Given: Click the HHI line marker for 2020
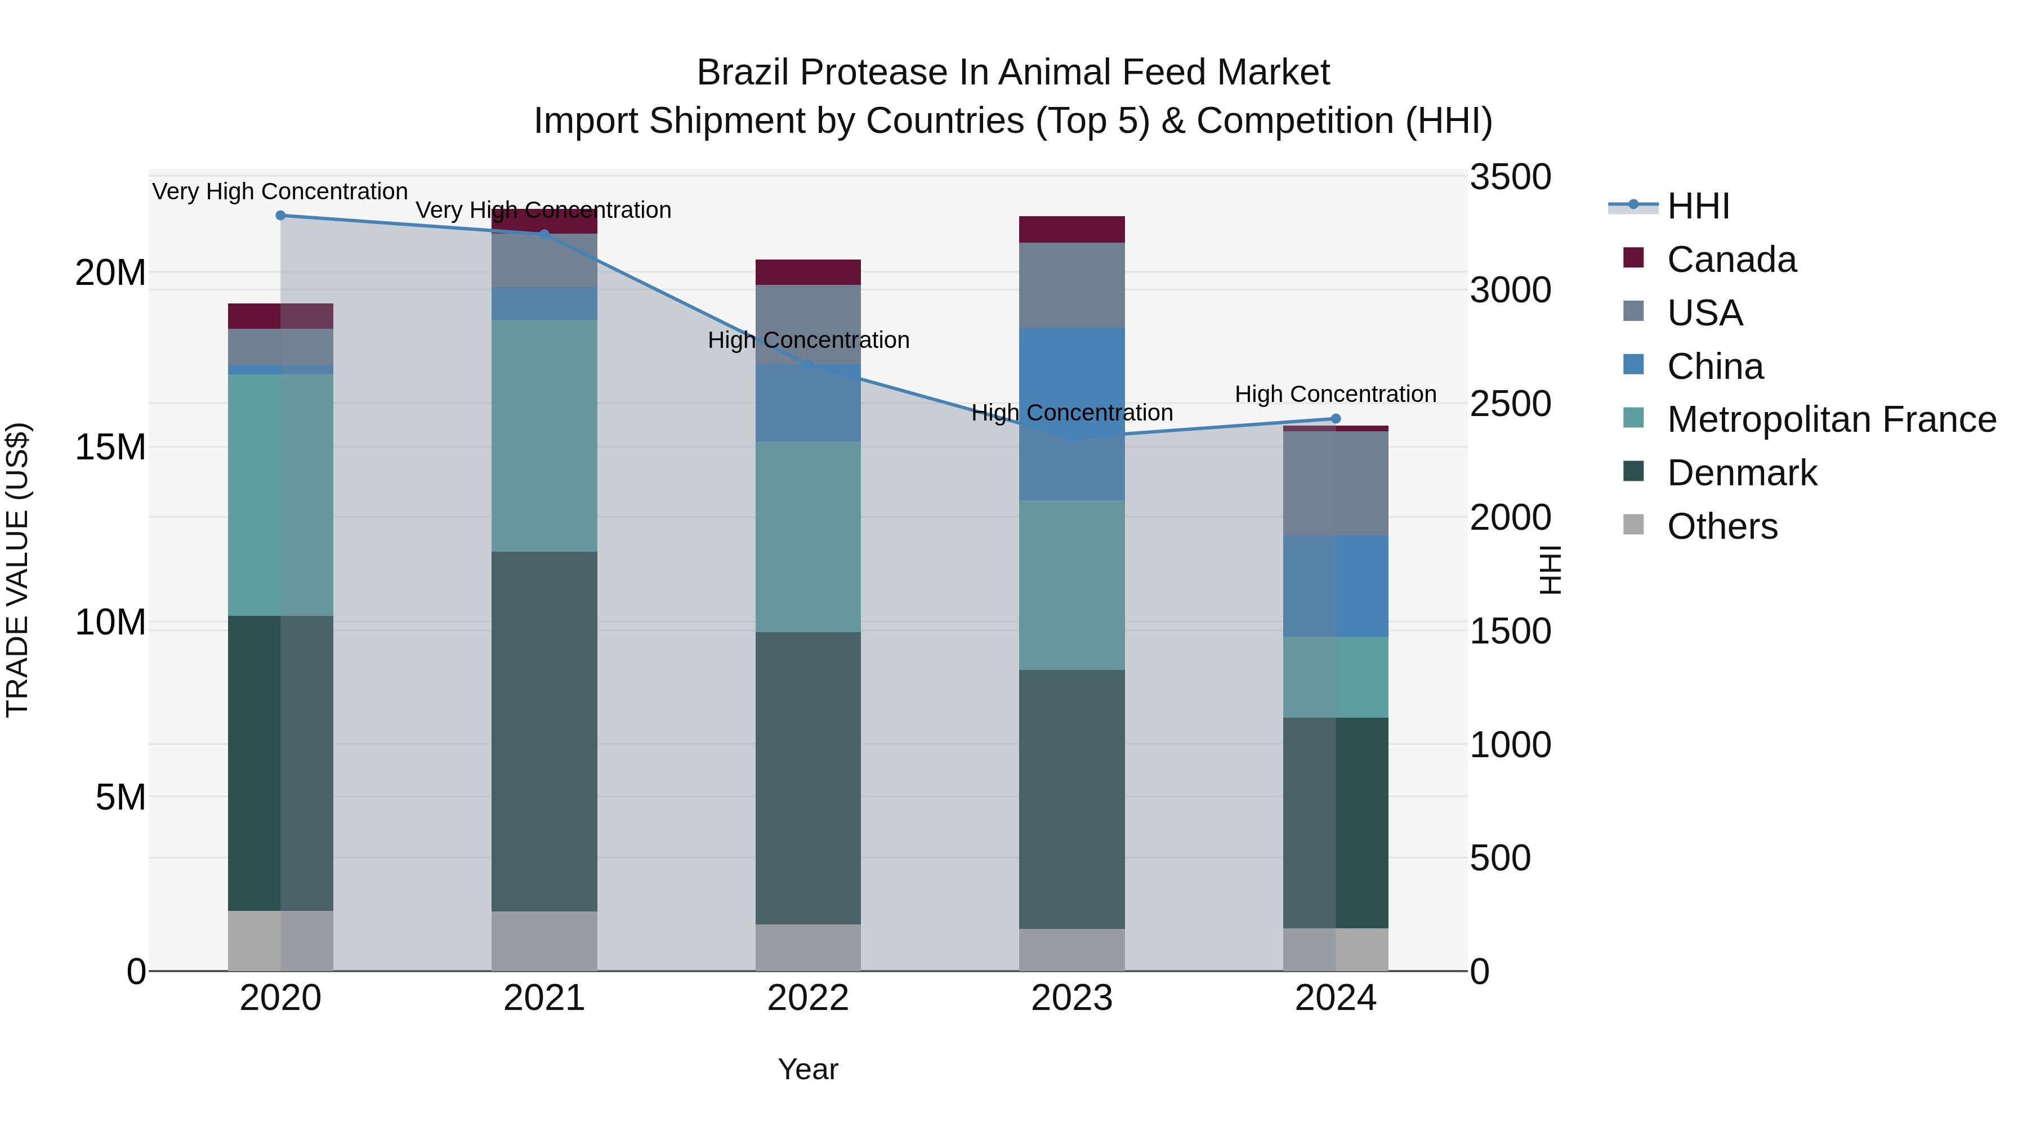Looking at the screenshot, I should point(280,216).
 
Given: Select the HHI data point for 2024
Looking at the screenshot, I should point(1336,418).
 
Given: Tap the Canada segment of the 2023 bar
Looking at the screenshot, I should point(1071,229).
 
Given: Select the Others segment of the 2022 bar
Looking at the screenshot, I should point(808,947).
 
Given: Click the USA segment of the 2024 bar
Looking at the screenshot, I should point(1336,483).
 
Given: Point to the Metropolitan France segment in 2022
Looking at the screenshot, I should point(808,537).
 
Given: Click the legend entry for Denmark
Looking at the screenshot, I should point(1742,473).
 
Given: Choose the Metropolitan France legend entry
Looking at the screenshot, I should point(1831,419).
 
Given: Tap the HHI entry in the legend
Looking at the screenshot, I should point(1698,206).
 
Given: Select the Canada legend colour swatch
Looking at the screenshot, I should point(1633,258).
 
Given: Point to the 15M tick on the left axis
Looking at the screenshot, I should point(110,448).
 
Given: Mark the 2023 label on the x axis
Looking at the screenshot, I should point(1071,998).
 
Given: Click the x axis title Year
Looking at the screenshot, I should point(808,1069).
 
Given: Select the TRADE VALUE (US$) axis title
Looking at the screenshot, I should point(17,570).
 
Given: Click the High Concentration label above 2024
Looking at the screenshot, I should point(1336,394).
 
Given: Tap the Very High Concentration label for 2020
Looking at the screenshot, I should point(280,192).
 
